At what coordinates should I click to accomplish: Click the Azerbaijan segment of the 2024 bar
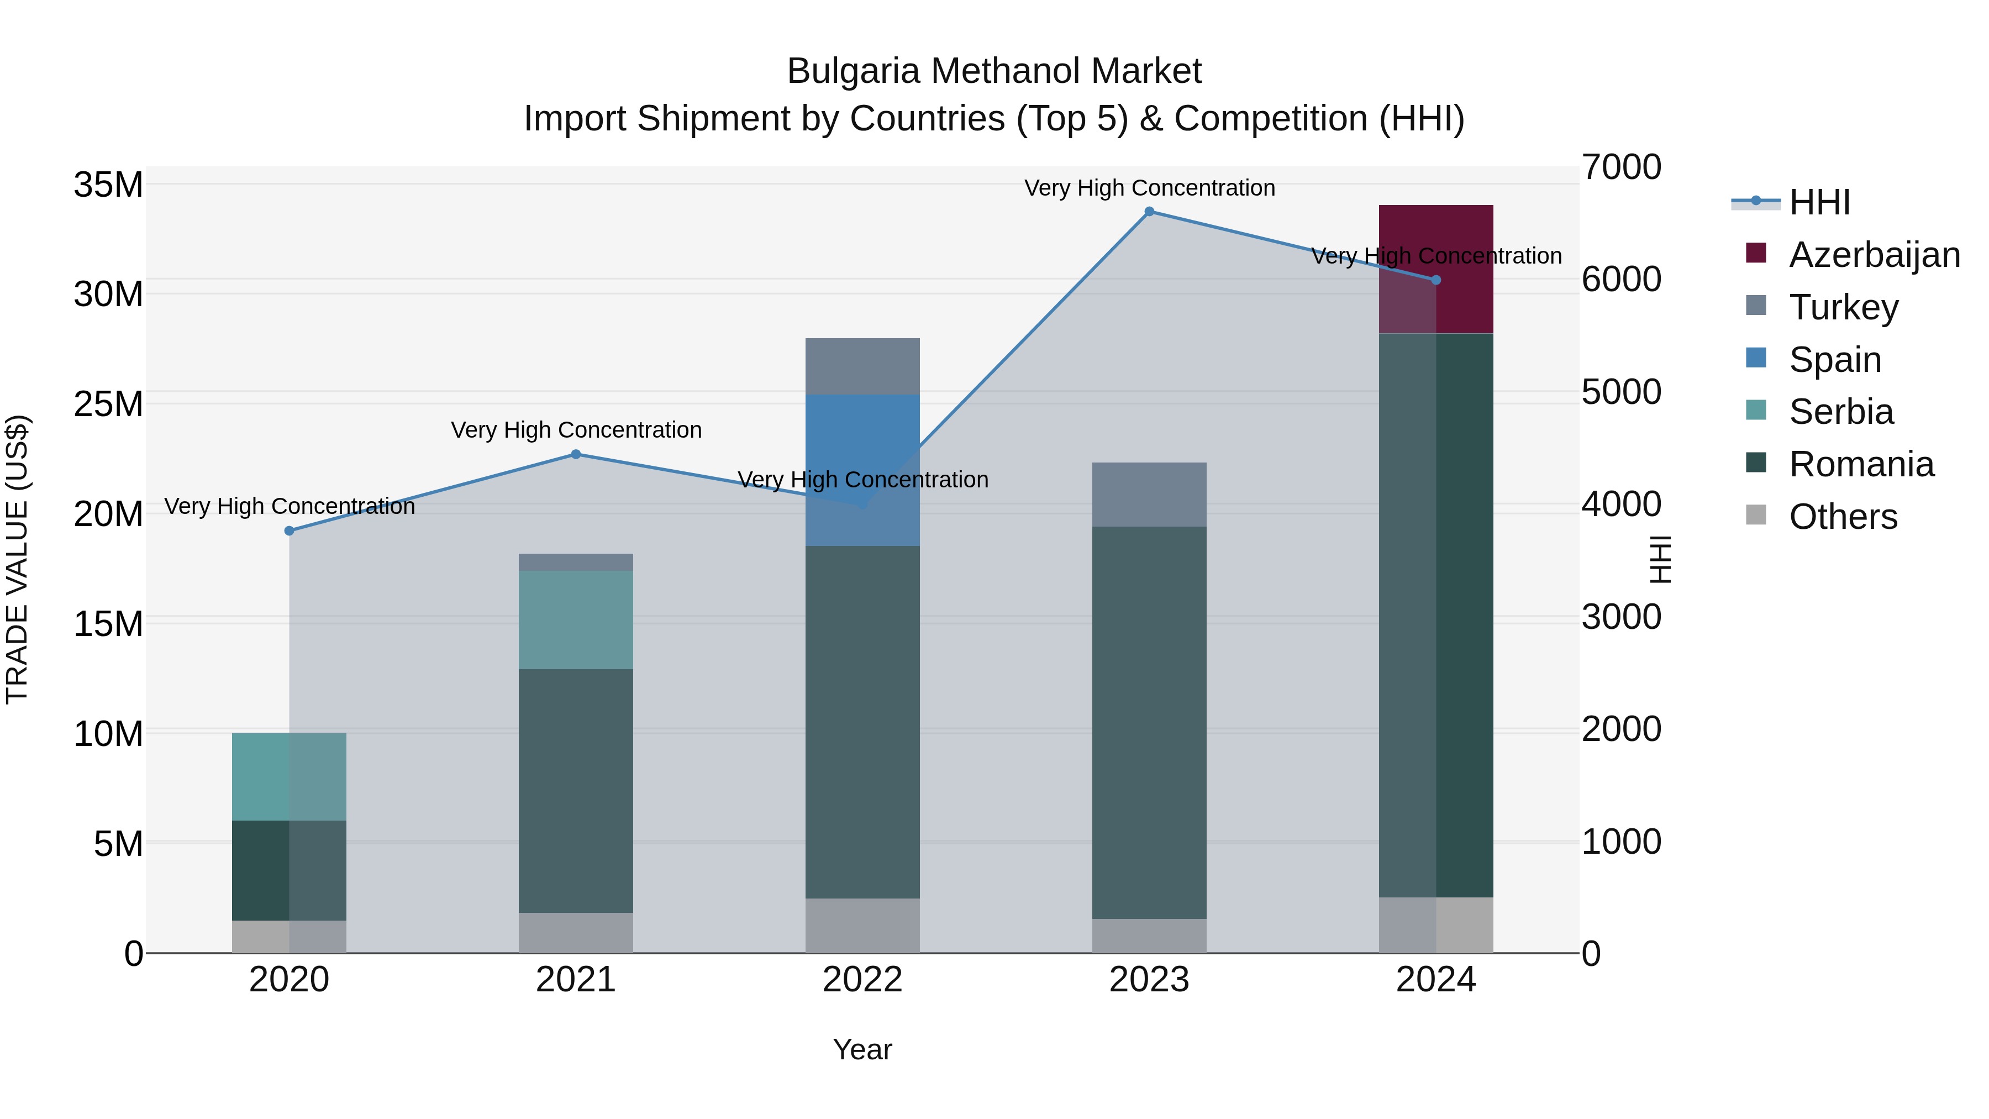[1435, 269]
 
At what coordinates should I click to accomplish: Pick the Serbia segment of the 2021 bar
[575, 619]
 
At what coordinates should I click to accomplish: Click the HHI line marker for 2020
[290, 530]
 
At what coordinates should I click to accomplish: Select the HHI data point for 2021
[575, 454]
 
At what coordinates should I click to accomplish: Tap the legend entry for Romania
[1861, 464]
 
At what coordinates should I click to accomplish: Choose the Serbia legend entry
[1841, 412]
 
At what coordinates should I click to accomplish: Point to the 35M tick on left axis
[108, 185]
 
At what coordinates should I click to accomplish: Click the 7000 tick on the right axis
[1620, 167]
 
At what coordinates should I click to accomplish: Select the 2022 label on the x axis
[862, 980]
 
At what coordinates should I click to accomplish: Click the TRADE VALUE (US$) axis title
[18, 559]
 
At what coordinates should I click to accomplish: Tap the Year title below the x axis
[862, 1049]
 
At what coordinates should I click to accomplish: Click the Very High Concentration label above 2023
[1149, 188]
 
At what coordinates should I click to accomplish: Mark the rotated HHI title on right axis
[1659, 559]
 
